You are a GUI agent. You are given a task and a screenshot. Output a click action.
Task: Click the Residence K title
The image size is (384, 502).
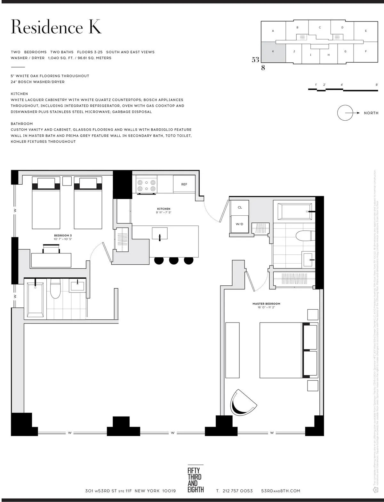tap(56, 27)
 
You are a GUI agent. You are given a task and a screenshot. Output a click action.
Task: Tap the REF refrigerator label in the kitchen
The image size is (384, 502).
tap(184, 185)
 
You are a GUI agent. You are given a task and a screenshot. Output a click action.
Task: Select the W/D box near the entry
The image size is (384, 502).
tap(239, 224)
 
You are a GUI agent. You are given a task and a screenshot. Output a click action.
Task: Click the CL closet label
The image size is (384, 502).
tap(240, 208)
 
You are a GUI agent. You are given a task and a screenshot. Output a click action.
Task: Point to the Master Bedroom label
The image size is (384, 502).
tap(266, 304)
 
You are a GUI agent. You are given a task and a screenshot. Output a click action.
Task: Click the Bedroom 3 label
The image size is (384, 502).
tap(63, 235)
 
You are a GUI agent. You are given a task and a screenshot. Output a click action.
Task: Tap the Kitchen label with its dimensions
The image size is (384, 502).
tap(164, 211)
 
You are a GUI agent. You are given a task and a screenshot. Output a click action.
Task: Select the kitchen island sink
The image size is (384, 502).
tap(160, 233)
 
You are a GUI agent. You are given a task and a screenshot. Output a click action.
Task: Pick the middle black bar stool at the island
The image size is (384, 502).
tap(174, 260)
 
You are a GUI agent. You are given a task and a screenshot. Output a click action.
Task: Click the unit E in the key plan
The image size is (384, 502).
tap(366, 31)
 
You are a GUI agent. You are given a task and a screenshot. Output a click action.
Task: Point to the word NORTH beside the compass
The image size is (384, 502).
tap(371, 113)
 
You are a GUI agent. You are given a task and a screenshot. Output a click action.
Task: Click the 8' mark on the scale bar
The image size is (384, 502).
tap(377, 85)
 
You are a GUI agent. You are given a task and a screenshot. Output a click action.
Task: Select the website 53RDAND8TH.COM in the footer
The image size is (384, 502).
tap(281, 491)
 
